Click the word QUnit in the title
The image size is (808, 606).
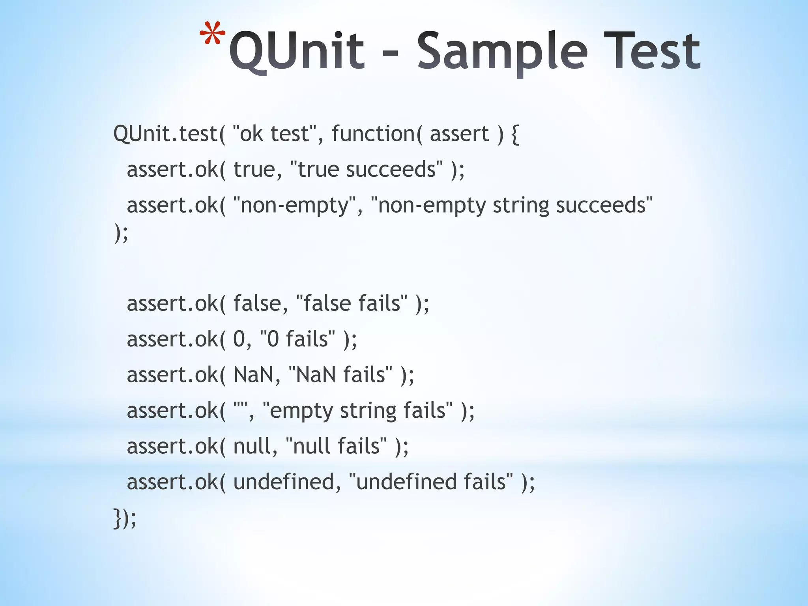click(x=297, y=51)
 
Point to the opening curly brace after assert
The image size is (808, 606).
click(x=515, y=135)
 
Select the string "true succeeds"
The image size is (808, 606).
click(x=367, y=170)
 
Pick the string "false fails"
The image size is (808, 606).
click(x=352, y=303)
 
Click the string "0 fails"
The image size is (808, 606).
click(x=298, y=339)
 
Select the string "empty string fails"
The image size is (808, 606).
click(x=357, y=410)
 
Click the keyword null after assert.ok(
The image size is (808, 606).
click(x=255, y=446)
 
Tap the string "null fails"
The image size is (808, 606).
click(x=335, y=446)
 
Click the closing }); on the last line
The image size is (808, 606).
click(x=125, y=518)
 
